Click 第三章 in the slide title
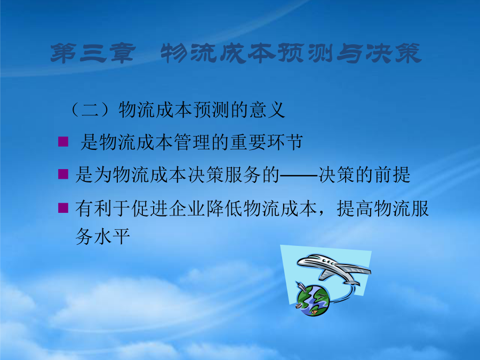93,53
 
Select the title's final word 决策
393,53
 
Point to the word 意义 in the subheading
267,109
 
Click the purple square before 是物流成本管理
63,142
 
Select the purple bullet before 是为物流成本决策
63,174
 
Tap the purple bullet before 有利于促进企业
63,207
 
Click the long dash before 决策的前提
299,175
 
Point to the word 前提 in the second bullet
393,175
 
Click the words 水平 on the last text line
112,236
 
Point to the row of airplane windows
327,262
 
